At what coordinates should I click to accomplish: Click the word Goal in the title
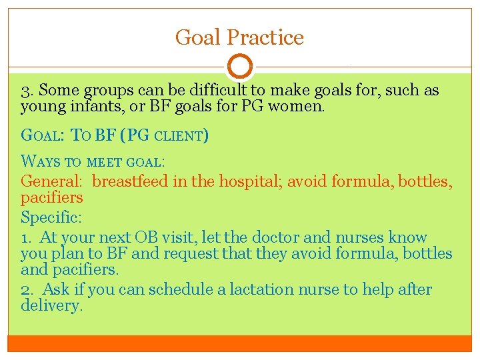coord(198,37)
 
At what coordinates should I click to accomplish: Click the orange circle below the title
coord(240,67)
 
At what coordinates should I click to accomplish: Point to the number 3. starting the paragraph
coord(27,90)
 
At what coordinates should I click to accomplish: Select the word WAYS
coord(41,161)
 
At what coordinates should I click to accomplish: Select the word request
coord(199,253)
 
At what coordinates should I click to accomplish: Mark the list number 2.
coord(27,289)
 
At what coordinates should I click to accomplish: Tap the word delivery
coord(52,306)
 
